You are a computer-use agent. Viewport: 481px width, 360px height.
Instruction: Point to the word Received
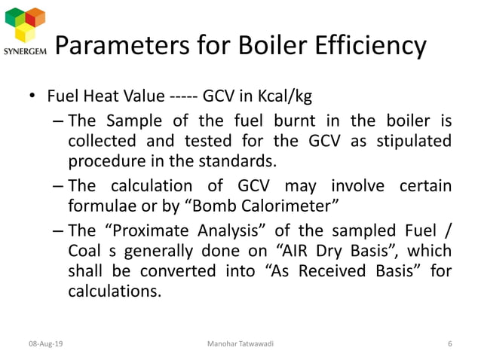pyautogui.click(x=339, y=270)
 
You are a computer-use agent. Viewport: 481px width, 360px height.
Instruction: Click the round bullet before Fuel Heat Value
pyautogui.click(x=32, y=98)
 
